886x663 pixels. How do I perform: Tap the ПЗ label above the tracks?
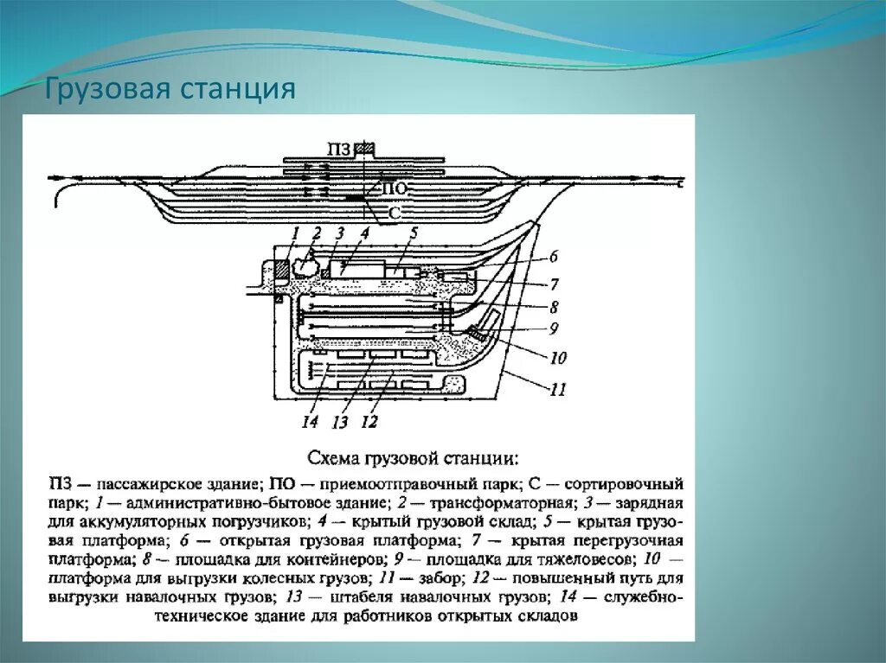(x=340, y=150)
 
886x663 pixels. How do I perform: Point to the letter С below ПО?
(x=394, y=212)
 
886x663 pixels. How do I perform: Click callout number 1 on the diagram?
(x=295, y=232)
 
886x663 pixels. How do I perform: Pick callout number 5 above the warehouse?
(x=414, y=232)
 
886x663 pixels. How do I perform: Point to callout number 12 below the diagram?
(x=369, y=422)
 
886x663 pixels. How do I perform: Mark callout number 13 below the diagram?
(x=340, y=422)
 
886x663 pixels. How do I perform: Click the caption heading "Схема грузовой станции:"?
(x=414, y=456)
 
